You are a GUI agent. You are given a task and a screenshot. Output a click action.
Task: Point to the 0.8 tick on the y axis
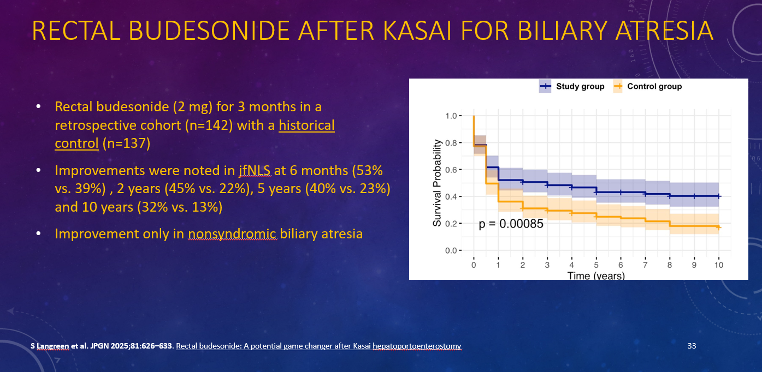[451, 143]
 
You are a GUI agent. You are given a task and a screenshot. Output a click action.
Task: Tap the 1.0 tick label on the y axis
[451, 116]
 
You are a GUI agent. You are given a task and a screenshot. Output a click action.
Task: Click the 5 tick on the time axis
[596, 265]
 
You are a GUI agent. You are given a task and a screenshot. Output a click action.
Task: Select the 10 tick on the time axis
[719, 265]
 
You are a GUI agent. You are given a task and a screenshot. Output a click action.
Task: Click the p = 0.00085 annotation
[511, 224]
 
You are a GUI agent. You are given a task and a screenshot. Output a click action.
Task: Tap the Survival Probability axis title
[437, 183]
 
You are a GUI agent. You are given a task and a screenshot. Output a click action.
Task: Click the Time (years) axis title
[596, 275]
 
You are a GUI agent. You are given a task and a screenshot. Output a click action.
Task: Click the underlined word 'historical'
[306, 125]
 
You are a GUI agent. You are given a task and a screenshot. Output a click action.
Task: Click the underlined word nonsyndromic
[232, 234]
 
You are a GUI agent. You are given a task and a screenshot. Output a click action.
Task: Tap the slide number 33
[692, 346]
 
